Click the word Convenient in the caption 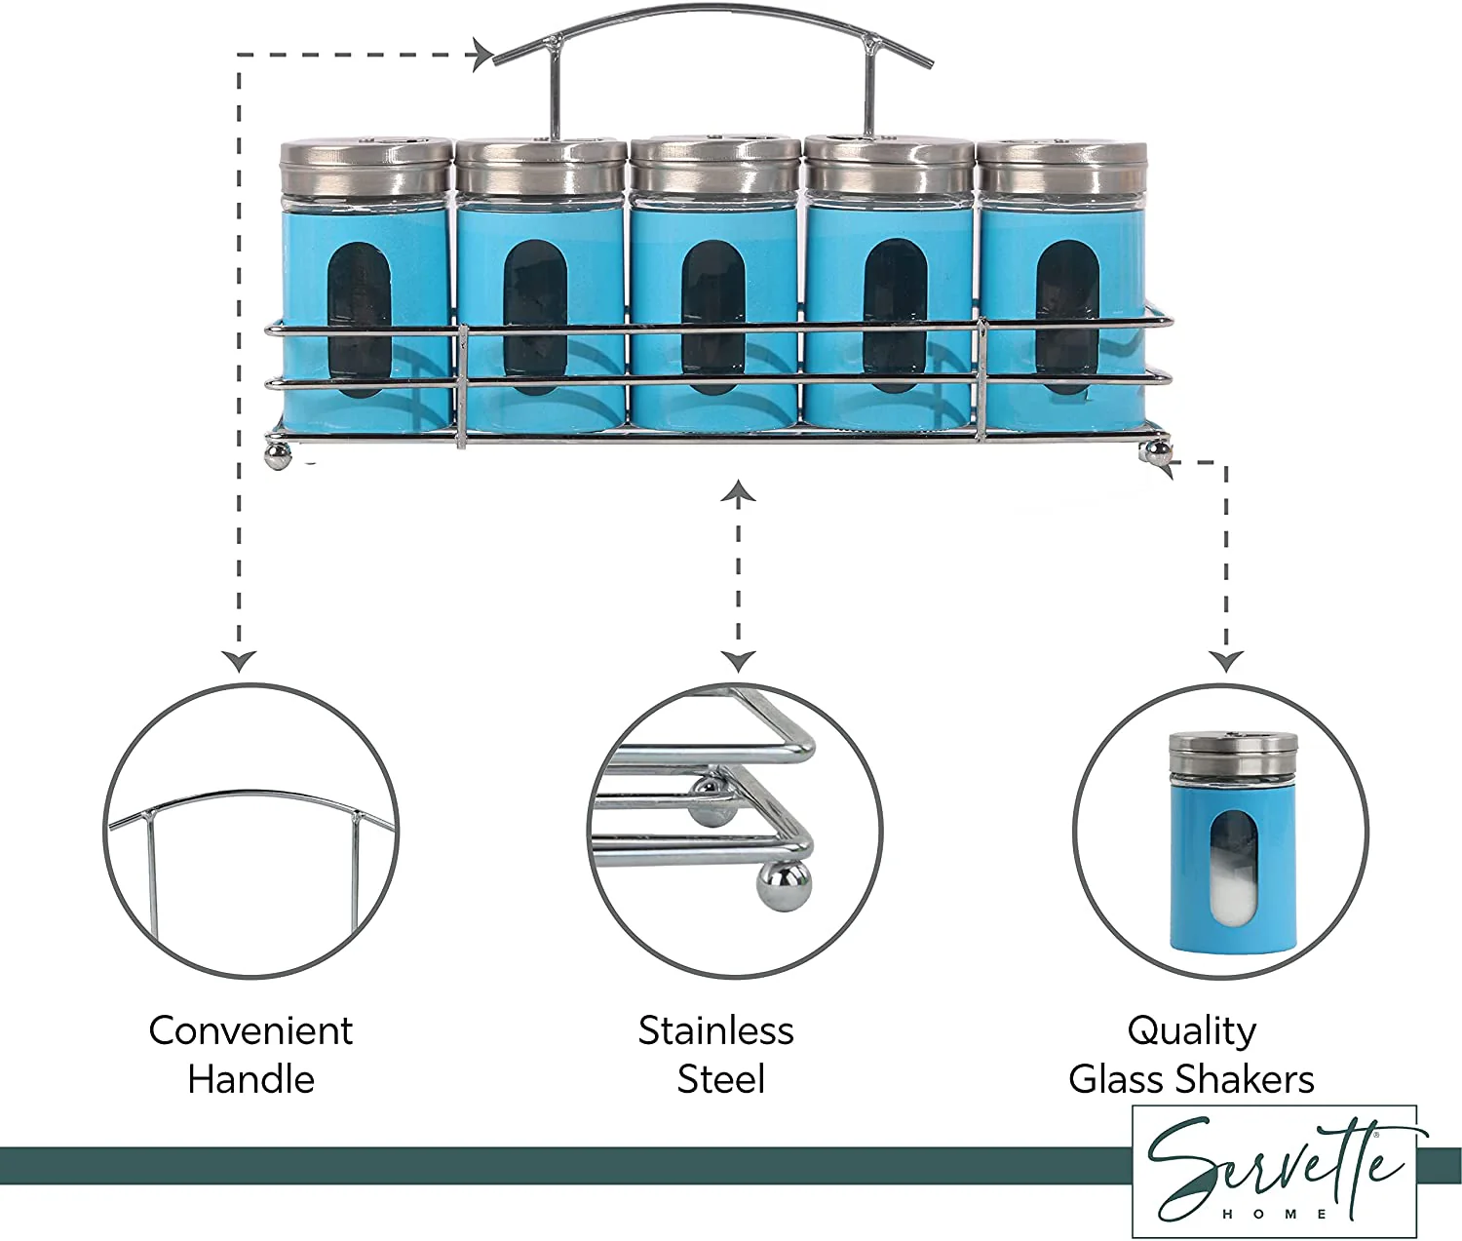tap(250, 1030)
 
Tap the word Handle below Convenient tap(251, 1080)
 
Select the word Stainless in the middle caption tap(715, 1030)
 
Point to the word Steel tap(720, 1080)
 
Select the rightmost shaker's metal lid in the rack tap(1061, 167)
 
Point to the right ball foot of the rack tap(1153, 452)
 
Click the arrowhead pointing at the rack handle tap(483, 55)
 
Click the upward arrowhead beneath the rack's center tap(738, 490)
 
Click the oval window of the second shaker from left tap(535, 317)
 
